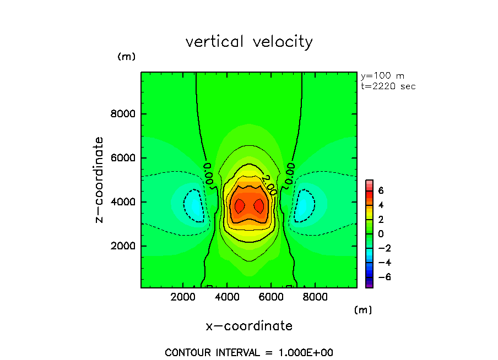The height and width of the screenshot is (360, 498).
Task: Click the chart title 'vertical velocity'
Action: tap(249, 42)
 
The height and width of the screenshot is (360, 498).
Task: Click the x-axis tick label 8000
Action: tap(313, 298)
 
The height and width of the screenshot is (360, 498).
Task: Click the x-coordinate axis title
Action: tap(249, 326)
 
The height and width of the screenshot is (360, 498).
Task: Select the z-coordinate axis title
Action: tap(100, 179)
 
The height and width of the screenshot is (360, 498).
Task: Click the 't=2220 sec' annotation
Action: tap(388, 86)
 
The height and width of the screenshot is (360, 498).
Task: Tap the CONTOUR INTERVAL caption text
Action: tap(249, 352)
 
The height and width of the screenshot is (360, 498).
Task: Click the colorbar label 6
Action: tap(380, 190)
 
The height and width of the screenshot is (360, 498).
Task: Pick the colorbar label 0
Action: tap(380, 233)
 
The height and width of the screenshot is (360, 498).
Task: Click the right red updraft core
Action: tap(259, 206)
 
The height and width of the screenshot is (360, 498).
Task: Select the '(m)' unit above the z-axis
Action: tap(126, 57)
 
